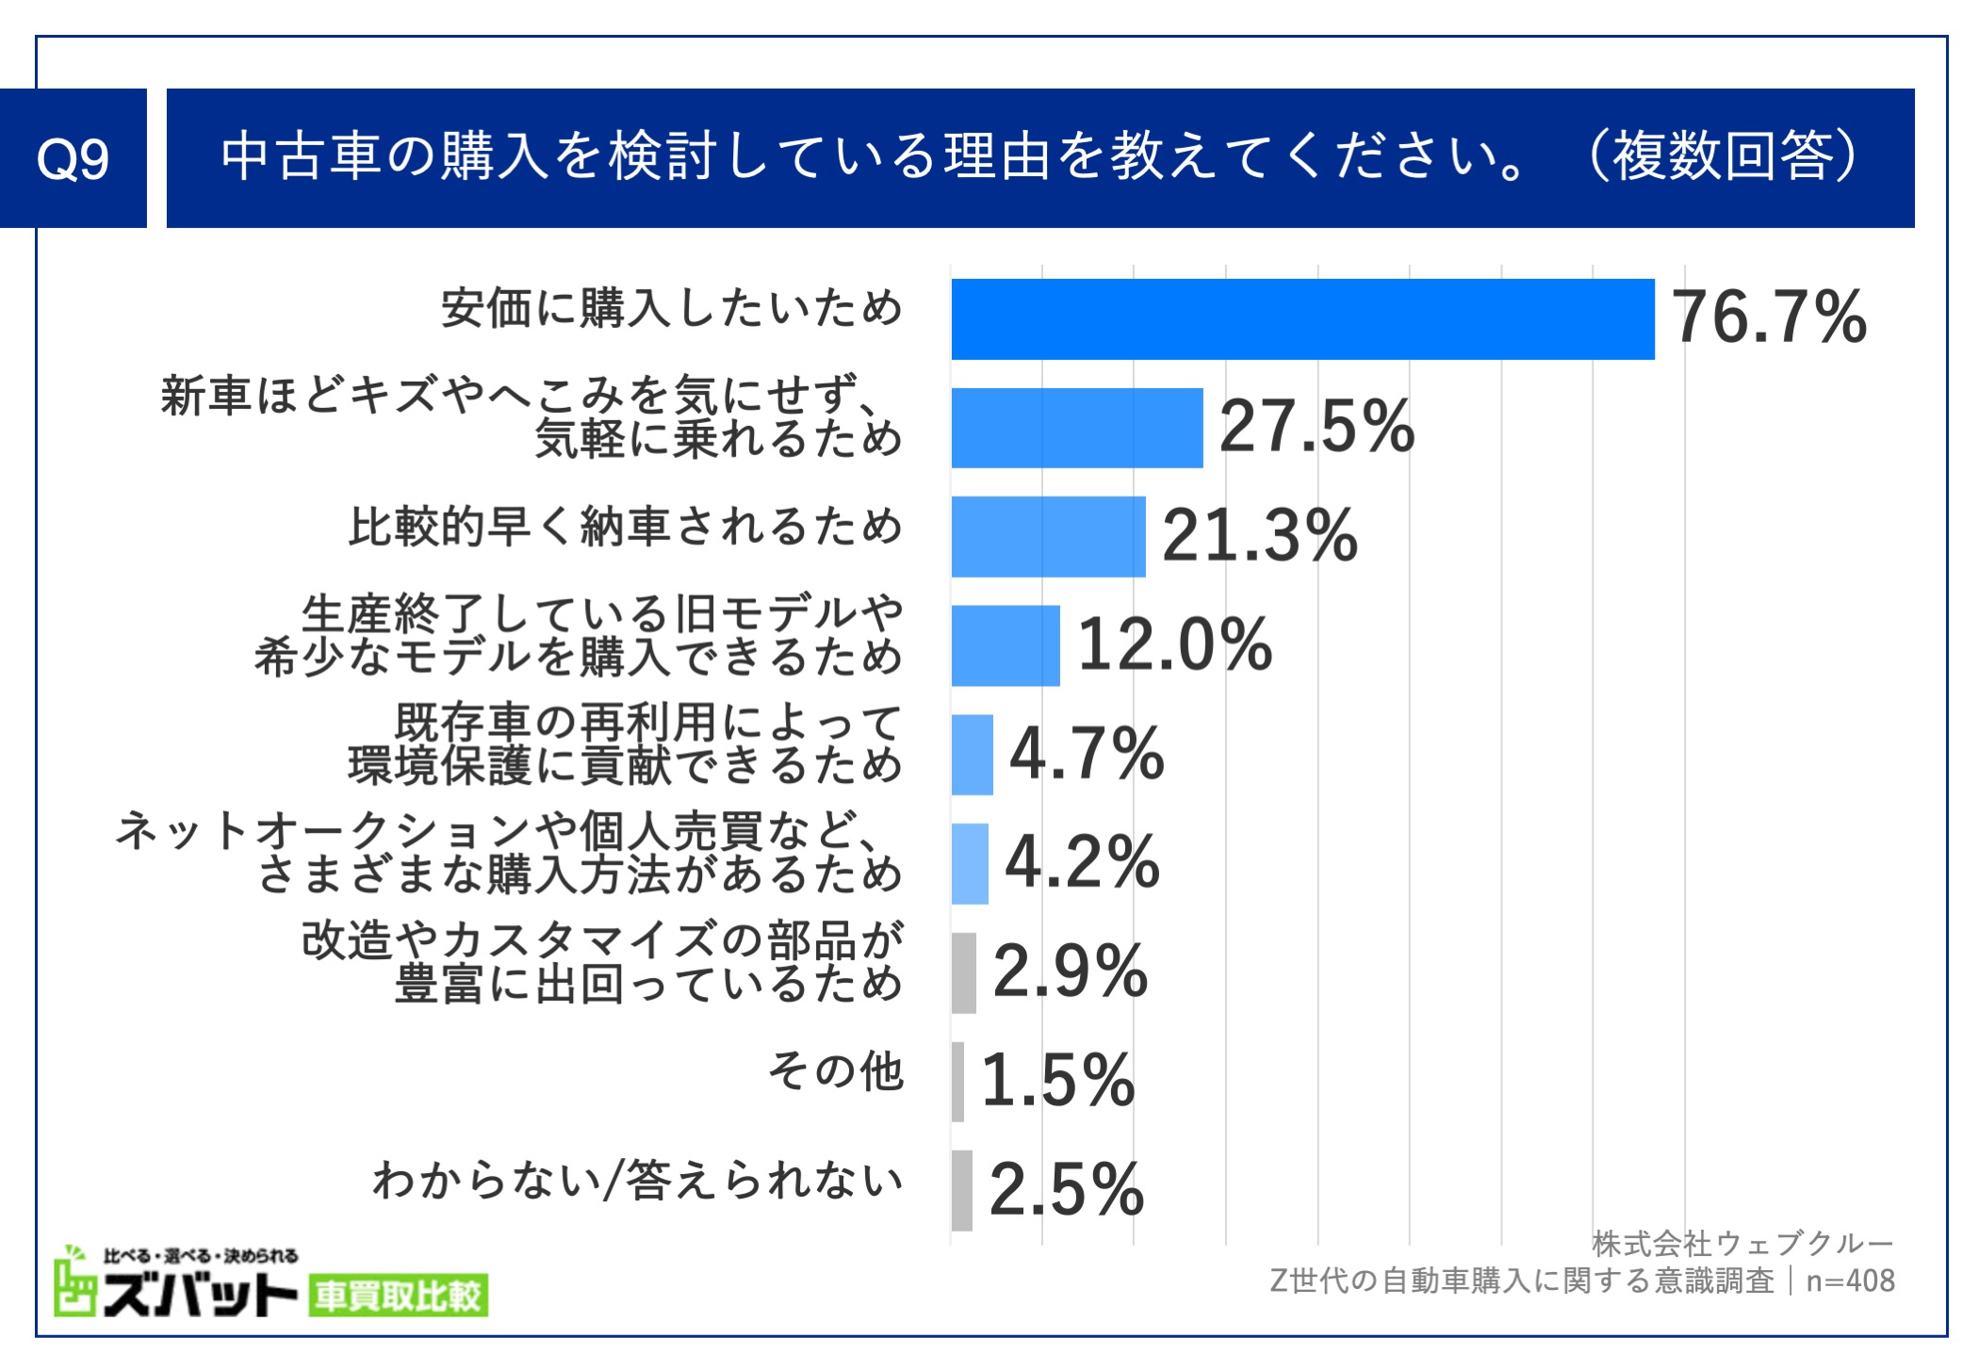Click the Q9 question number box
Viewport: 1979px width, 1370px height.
(73, 158)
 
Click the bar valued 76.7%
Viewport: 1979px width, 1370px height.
(1302, 319)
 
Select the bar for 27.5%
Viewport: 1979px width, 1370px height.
(1077, 428)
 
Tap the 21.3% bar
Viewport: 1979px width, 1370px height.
(1048, 536)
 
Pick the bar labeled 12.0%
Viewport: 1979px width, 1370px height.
(1006, 645)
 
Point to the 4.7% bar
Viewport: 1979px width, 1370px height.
(973, 755)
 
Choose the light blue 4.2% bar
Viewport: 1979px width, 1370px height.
(970, 863)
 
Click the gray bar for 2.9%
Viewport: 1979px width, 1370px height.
(964, 972)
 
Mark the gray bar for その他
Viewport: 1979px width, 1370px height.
(958, 1081)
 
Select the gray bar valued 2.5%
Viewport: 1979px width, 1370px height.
(962, 1190)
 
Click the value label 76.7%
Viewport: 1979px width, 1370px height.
(1769, 318)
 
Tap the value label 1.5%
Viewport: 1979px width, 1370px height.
(1057, 1081)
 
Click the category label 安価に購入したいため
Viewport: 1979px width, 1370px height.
(672, 308)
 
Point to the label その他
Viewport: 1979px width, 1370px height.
(836, 1071)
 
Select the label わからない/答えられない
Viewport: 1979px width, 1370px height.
(638, 1180)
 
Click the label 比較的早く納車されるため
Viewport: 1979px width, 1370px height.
(626, 526)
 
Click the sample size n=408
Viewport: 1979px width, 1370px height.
(1850, 1280)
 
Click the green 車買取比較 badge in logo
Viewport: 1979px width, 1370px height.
(398, 1296)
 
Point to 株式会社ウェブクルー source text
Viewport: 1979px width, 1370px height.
(1742, 1244)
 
